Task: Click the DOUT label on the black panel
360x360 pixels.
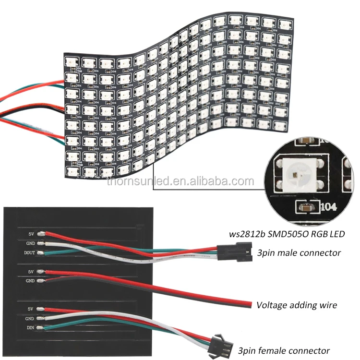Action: (x=30, y=252)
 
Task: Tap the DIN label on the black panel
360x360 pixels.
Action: (x=30, y=328)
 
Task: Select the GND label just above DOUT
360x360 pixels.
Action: (x=30, y=243)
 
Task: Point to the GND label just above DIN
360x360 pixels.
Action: (x=30, y=318)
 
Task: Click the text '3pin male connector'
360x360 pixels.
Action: (x=299, y=252)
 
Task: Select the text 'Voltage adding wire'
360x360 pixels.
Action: (x=297, y=304)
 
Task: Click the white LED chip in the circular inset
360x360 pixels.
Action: (x=297, y=173)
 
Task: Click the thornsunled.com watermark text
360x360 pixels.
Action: (x=180, y=181)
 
